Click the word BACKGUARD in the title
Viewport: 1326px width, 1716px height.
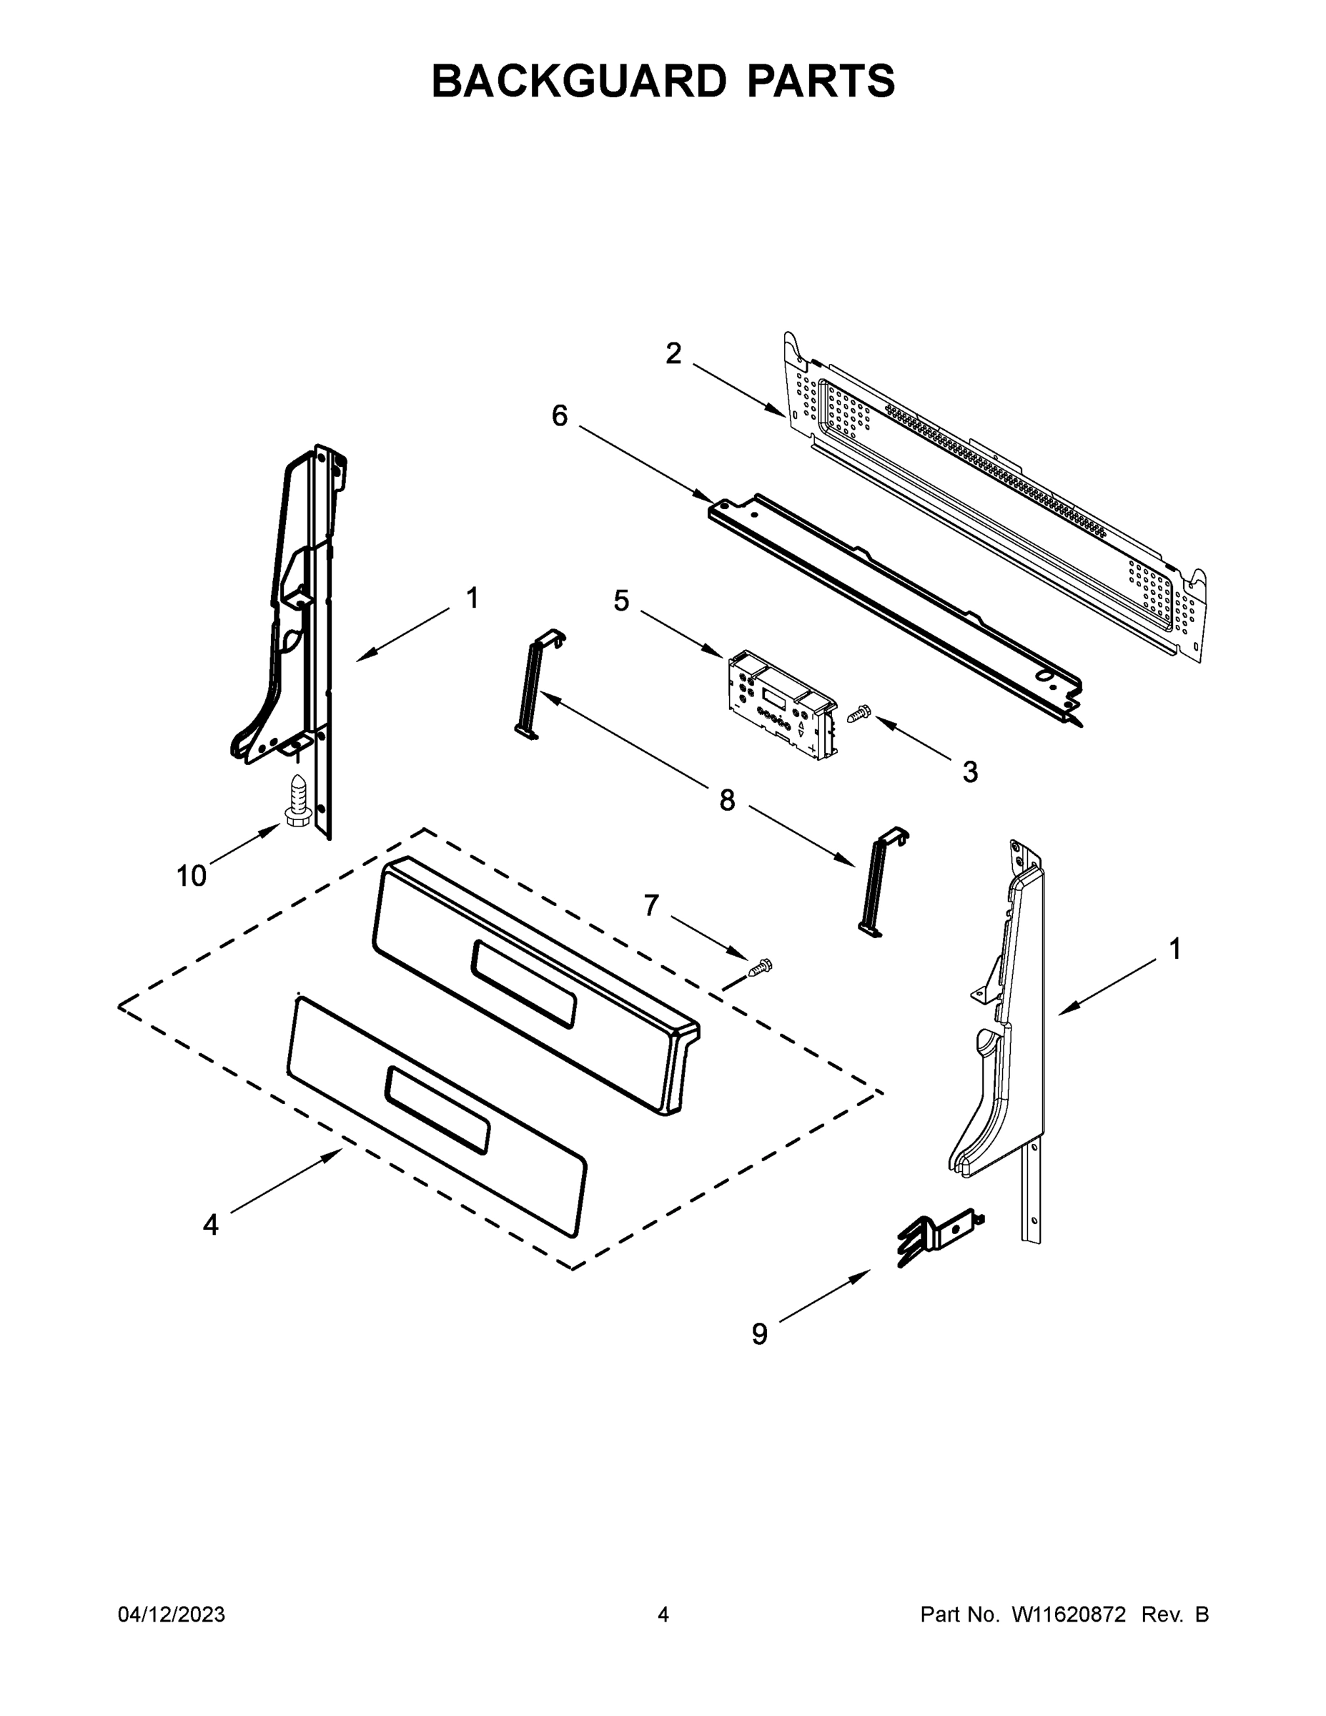click(x=579, y=81)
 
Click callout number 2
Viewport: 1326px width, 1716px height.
click(x=673, y=354)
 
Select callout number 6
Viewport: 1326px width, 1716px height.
click(x=559, y=415)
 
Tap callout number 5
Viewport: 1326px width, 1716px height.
click(x=621, y=601)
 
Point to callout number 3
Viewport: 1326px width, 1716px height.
click(x=971, y=772)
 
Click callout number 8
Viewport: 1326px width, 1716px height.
click(x=728, y=801)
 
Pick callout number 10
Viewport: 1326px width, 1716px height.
click(x=191, y=875)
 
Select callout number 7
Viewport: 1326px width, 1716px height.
click(x=651, y=906)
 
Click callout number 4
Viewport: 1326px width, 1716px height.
click(x=211, y=1225)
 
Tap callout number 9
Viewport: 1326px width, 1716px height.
click(x=760, y=1334)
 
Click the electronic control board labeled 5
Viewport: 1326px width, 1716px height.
click(x=781, y=704)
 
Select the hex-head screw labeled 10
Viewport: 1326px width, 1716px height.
click(x=297, y=800)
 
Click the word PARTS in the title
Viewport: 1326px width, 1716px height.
click(x=820, y=81)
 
